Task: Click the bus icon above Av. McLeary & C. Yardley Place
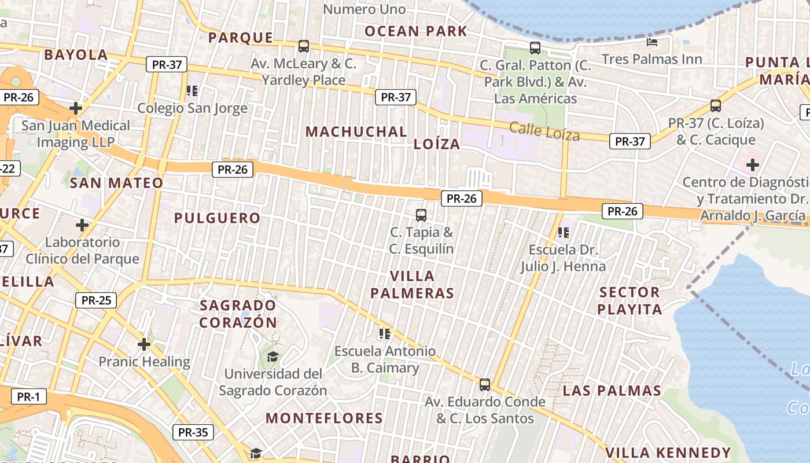[x=303, y=46]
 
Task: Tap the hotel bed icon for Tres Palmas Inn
[x=652, y=42]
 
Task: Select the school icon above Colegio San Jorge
[x=192, y=91]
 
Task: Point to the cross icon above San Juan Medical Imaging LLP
[x=76, y=108]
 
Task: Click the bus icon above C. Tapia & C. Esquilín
[x=421, y=215]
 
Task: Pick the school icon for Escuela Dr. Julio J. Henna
[x=563, y=233]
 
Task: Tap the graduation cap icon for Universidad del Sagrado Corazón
[x=273, y=357]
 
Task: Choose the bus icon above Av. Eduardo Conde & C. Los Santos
[x=485, y=384]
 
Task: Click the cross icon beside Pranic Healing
[x=144, y=345]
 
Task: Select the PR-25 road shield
[x=96, y=300]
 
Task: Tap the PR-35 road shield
[x=193, y=432]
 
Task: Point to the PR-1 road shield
[x=28, y=397]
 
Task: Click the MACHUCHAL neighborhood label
[x=356, y=132]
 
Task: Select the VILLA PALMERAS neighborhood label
[x=412, y=284]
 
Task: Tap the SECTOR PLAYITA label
[x=629, y=300]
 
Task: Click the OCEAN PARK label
[x=415, y=31]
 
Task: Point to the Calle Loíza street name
[x=544, y=132]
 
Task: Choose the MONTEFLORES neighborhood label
[x=324, y=418]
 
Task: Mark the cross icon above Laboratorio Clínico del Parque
[x=82, y=225]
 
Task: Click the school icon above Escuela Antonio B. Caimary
[x=385, y=334]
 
